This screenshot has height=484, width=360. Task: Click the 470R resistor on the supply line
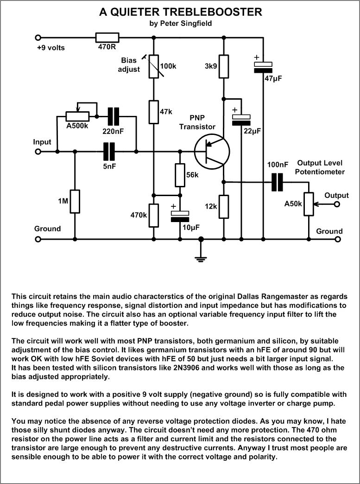[x=107, y=38]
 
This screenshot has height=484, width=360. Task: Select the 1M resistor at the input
[x=74, y=201]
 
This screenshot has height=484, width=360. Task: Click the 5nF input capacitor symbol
[x=109, y=151]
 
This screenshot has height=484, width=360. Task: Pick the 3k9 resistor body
[x=224, y=66]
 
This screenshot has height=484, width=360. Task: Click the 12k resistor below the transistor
[x=224, y=206]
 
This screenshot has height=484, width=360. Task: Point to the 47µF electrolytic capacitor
[x=263, y=68]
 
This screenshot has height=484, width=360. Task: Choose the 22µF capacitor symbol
[x=241, y=119]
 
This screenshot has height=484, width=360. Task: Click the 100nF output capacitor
[x=278, y=182]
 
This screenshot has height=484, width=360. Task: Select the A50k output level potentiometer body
[x=309, y=204]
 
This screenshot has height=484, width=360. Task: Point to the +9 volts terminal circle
[x=38, y=38]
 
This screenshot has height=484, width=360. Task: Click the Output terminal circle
[x=337, y=204]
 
